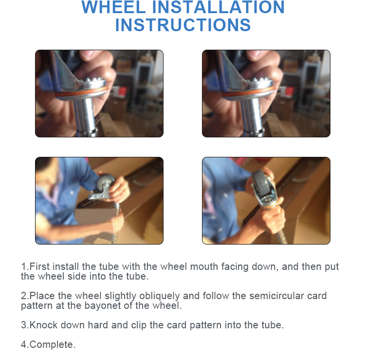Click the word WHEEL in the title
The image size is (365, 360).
113,7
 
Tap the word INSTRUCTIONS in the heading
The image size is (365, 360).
183,25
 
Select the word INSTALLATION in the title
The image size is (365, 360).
218,7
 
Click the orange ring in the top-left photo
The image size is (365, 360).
81,92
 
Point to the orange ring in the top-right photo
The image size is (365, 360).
248,92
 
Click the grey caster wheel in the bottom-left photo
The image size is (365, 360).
106,183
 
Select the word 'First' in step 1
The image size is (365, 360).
39,266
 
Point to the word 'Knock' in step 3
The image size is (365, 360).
43,325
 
